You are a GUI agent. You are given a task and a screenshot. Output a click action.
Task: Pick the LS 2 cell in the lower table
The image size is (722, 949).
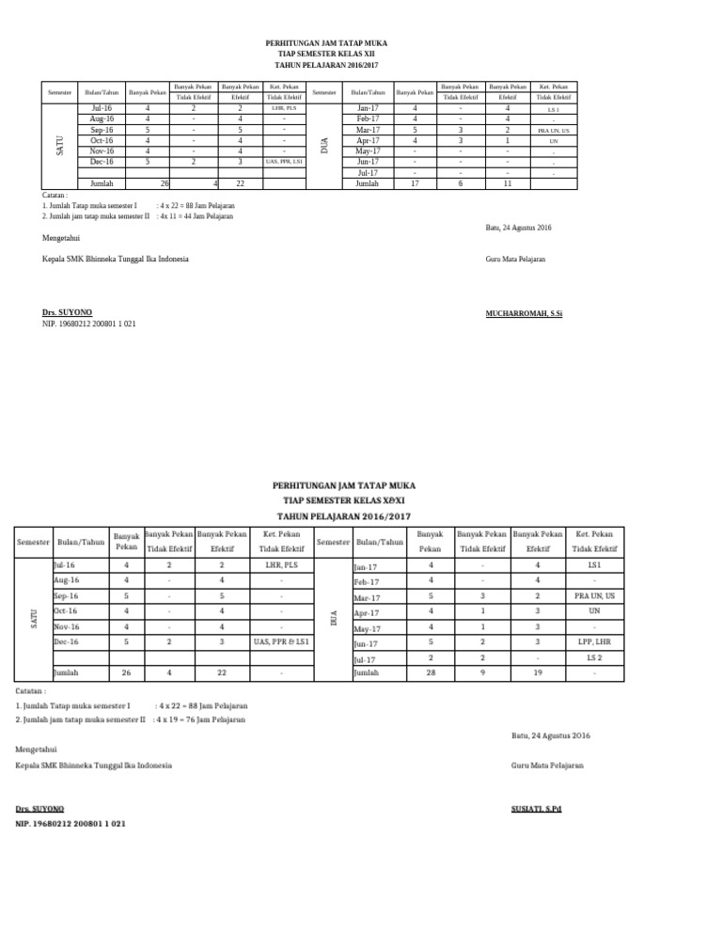click(594, 658)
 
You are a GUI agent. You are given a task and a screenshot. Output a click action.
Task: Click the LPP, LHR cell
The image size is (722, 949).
click(594, 643)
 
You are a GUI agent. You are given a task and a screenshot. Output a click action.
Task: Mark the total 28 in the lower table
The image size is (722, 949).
click(431, 673)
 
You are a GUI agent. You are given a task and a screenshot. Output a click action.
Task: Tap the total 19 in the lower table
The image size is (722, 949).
click(538, 673)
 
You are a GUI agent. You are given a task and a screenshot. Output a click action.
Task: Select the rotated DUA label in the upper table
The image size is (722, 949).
click(325, 146)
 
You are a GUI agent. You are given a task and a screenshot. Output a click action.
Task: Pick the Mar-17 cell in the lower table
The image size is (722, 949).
click(367, 597)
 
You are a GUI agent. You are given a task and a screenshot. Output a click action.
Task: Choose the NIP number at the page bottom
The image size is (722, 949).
click(71, 823)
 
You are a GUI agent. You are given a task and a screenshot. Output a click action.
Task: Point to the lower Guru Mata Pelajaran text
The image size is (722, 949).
click(546, 766)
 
